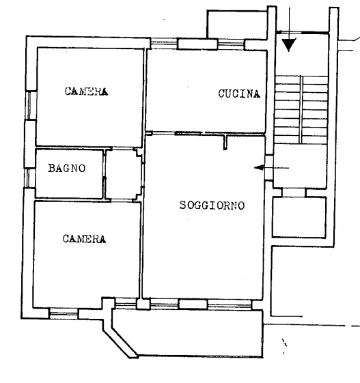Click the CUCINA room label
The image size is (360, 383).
[x=239, y=94]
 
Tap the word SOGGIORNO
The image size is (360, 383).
[x=212, y=205]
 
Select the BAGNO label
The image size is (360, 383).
[x=67, y=168]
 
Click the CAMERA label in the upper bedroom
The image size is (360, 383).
[x=86, y=91]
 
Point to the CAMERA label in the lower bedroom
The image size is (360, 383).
[x=84, y=239]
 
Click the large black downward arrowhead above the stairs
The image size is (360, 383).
[x=289, y=44]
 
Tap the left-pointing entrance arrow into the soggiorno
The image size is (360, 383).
[x=271, y=168]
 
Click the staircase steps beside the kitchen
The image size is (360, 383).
[x=301, y=110]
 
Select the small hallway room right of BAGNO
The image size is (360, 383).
[x=123, y=174]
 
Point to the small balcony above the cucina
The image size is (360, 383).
[x=237, y=25]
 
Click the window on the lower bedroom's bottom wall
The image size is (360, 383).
[x=64, y=313]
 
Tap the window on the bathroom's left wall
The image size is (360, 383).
[x=30, y=178]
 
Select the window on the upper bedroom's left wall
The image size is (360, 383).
[x=31, y=105]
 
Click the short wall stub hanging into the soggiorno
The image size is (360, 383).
[x=225, y=142]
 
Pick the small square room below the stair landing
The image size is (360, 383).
[x=299, y=217]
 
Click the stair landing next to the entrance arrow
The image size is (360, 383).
[x=300, y=166]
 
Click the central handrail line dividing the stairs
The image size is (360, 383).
[x=301, y=110]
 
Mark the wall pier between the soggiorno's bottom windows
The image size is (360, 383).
[x=193, y=304]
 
